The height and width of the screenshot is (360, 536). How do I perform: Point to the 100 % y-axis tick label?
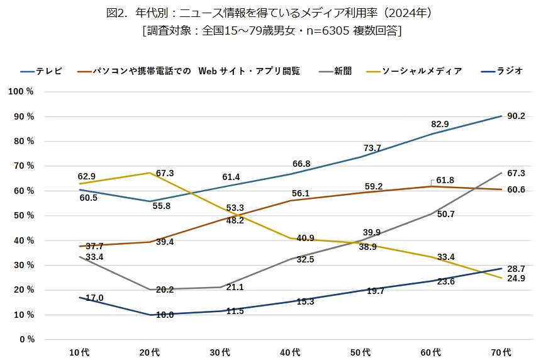[x=21, y=92]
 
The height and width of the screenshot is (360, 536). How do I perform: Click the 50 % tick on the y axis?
[x=23, y=216]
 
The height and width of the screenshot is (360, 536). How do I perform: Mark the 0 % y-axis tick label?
[x=26, y=340]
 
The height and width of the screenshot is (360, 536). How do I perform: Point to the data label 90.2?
[x=516, y=116]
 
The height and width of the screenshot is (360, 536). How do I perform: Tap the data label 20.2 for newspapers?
[x=164, y=290]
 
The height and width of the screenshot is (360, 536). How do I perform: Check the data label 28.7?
[x=516, y=269]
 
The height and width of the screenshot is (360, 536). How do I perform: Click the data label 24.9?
[x=516, y=278]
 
